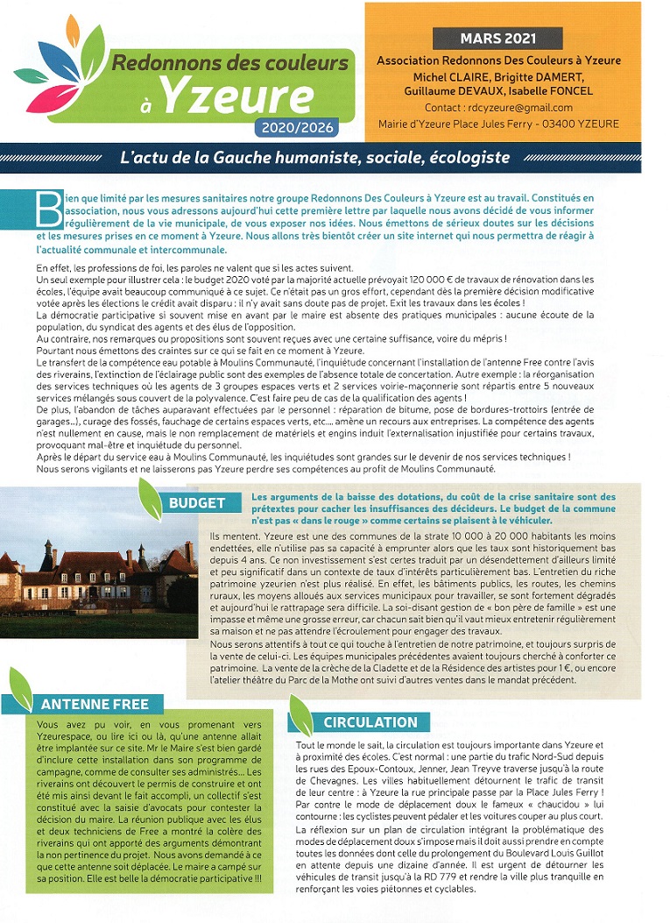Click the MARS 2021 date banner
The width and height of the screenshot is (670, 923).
coord(498,39)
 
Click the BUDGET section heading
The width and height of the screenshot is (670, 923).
coord(197,503)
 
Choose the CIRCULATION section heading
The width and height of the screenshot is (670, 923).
coord(370,722)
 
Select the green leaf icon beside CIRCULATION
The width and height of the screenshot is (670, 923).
coord(301,714)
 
